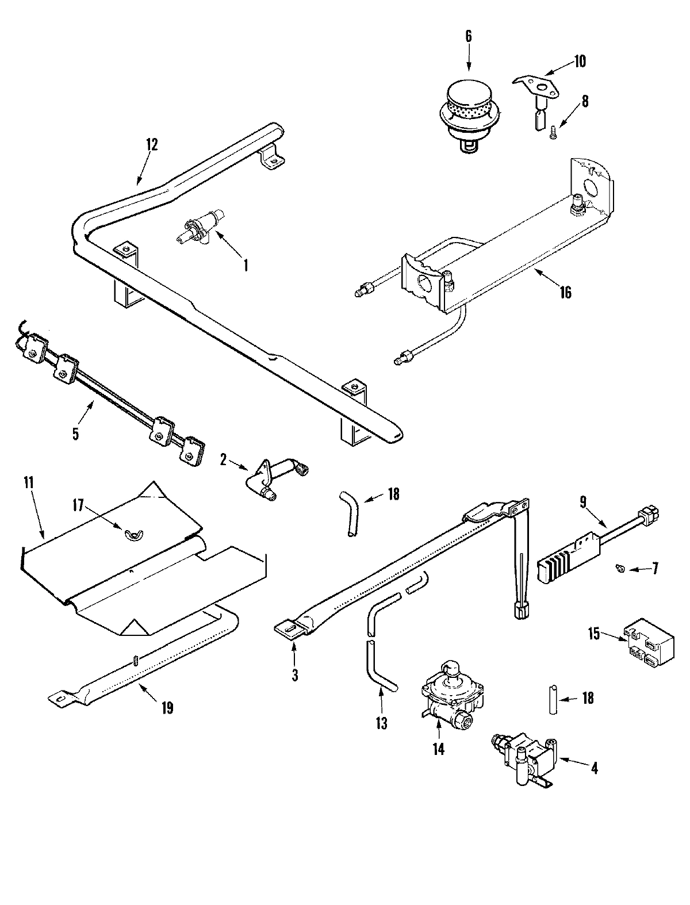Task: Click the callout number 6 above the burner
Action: click(467, 36)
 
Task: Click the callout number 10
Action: click(580, 61)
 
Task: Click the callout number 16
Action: click(566, 292)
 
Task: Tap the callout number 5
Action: click(76, 433)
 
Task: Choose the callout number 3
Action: click(294, 675)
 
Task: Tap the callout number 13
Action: click(382, 722)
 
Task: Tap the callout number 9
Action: click(582, 502)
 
